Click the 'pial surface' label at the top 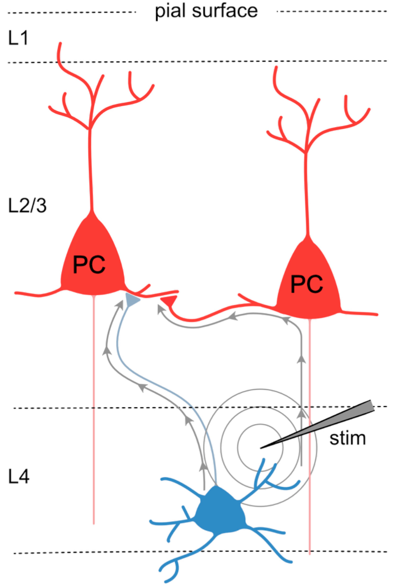point(206,11)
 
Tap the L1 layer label point(18,38)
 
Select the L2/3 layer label point(27,206)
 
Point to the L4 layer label point(19,476)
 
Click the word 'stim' point(348,438)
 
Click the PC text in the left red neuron point(89,264)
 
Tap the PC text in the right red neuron point(306,284)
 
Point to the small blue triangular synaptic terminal point(132,300)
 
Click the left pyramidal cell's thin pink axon point(94,407)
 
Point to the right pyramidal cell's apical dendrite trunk point(306,193)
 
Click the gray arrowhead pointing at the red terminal point(160,308)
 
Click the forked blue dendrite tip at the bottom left point(168,570)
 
